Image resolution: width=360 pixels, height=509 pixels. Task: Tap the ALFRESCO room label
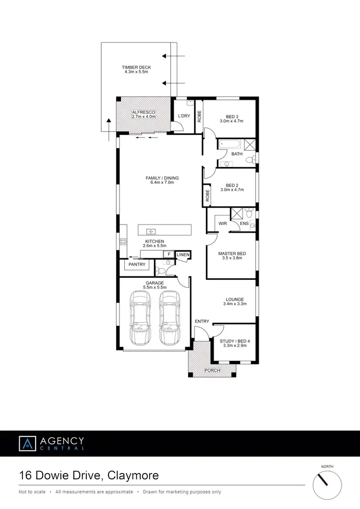144,112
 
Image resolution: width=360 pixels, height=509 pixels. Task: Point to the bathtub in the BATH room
230,145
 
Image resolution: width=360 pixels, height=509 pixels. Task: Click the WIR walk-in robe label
223,224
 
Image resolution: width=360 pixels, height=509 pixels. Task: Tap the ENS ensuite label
244,224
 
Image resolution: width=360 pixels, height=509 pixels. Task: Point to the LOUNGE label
234,299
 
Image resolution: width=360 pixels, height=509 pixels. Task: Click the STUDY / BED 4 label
235,341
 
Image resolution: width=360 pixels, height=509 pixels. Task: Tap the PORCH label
212,370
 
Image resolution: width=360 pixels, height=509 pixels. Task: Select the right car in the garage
168,318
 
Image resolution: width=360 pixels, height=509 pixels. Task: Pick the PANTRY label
135,264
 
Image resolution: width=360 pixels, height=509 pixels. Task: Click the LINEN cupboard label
183,255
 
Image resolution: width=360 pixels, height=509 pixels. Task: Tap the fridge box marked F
168,255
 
